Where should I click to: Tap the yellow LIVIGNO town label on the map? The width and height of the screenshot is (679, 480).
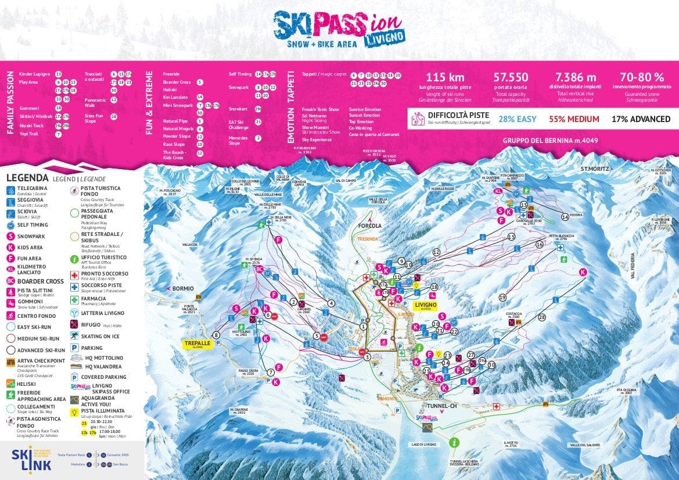click(x=425, y=304)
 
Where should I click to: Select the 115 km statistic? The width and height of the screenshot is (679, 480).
click(x=445, y=77)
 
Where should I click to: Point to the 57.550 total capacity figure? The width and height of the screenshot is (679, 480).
click(x=511, y=77)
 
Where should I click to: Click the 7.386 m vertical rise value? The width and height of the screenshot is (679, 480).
click(x=575, y=77)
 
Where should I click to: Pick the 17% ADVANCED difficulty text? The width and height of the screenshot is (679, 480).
click(x=641, y=119)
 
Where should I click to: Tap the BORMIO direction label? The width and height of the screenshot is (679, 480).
click(x=182, y=288)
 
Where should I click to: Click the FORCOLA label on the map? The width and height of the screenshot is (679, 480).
click(x=369, y=226)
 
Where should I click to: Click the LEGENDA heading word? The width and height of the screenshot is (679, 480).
click(x=27, y=178)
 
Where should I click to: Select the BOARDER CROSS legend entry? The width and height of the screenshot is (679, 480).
click(x=40, y=281)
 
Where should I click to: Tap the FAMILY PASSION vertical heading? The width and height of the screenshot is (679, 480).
click(x=10, y=103)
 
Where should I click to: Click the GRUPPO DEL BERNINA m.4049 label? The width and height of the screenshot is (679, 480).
click(x=550, y=141)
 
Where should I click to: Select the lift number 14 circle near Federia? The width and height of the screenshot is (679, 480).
click(x=565, y=217)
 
